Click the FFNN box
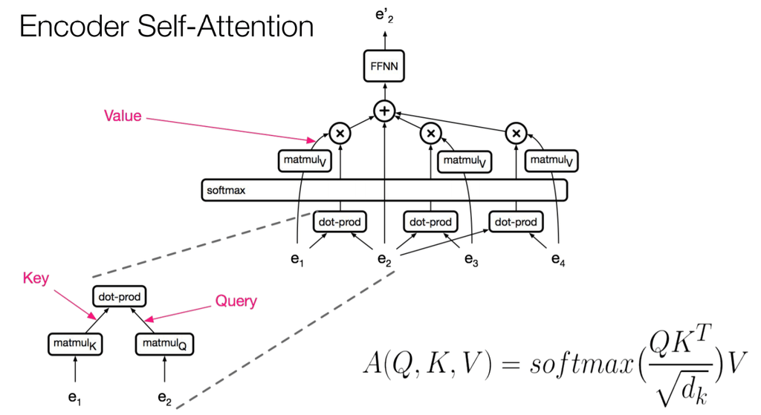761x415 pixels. pyautogui.click(x=384, y=67)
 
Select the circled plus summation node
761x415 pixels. pyautogui.click(x=384, y=111)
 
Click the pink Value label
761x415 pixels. pyautogui.click(x=123, y=116)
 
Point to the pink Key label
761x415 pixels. pyautogui.click(x=36, y=278)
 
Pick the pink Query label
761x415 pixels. pyautogui.click(x=236, y=301)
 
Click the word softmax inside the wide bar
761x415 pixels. pyautogui.click(x=226, y=190)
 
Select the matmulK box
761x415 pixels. pyautogui.click(x=74, y=343)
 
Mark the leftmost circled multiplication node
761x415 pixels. pyautogui.click(x=340, y=134)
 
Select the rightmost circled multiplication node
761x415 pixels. pyautogui.click(x=516, y=134)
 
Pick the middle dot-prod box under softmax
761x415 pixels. pyautogui.click(x=430, y=221)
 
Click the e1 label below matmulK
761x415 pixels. pyautogui.click(x=74, y=399)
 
